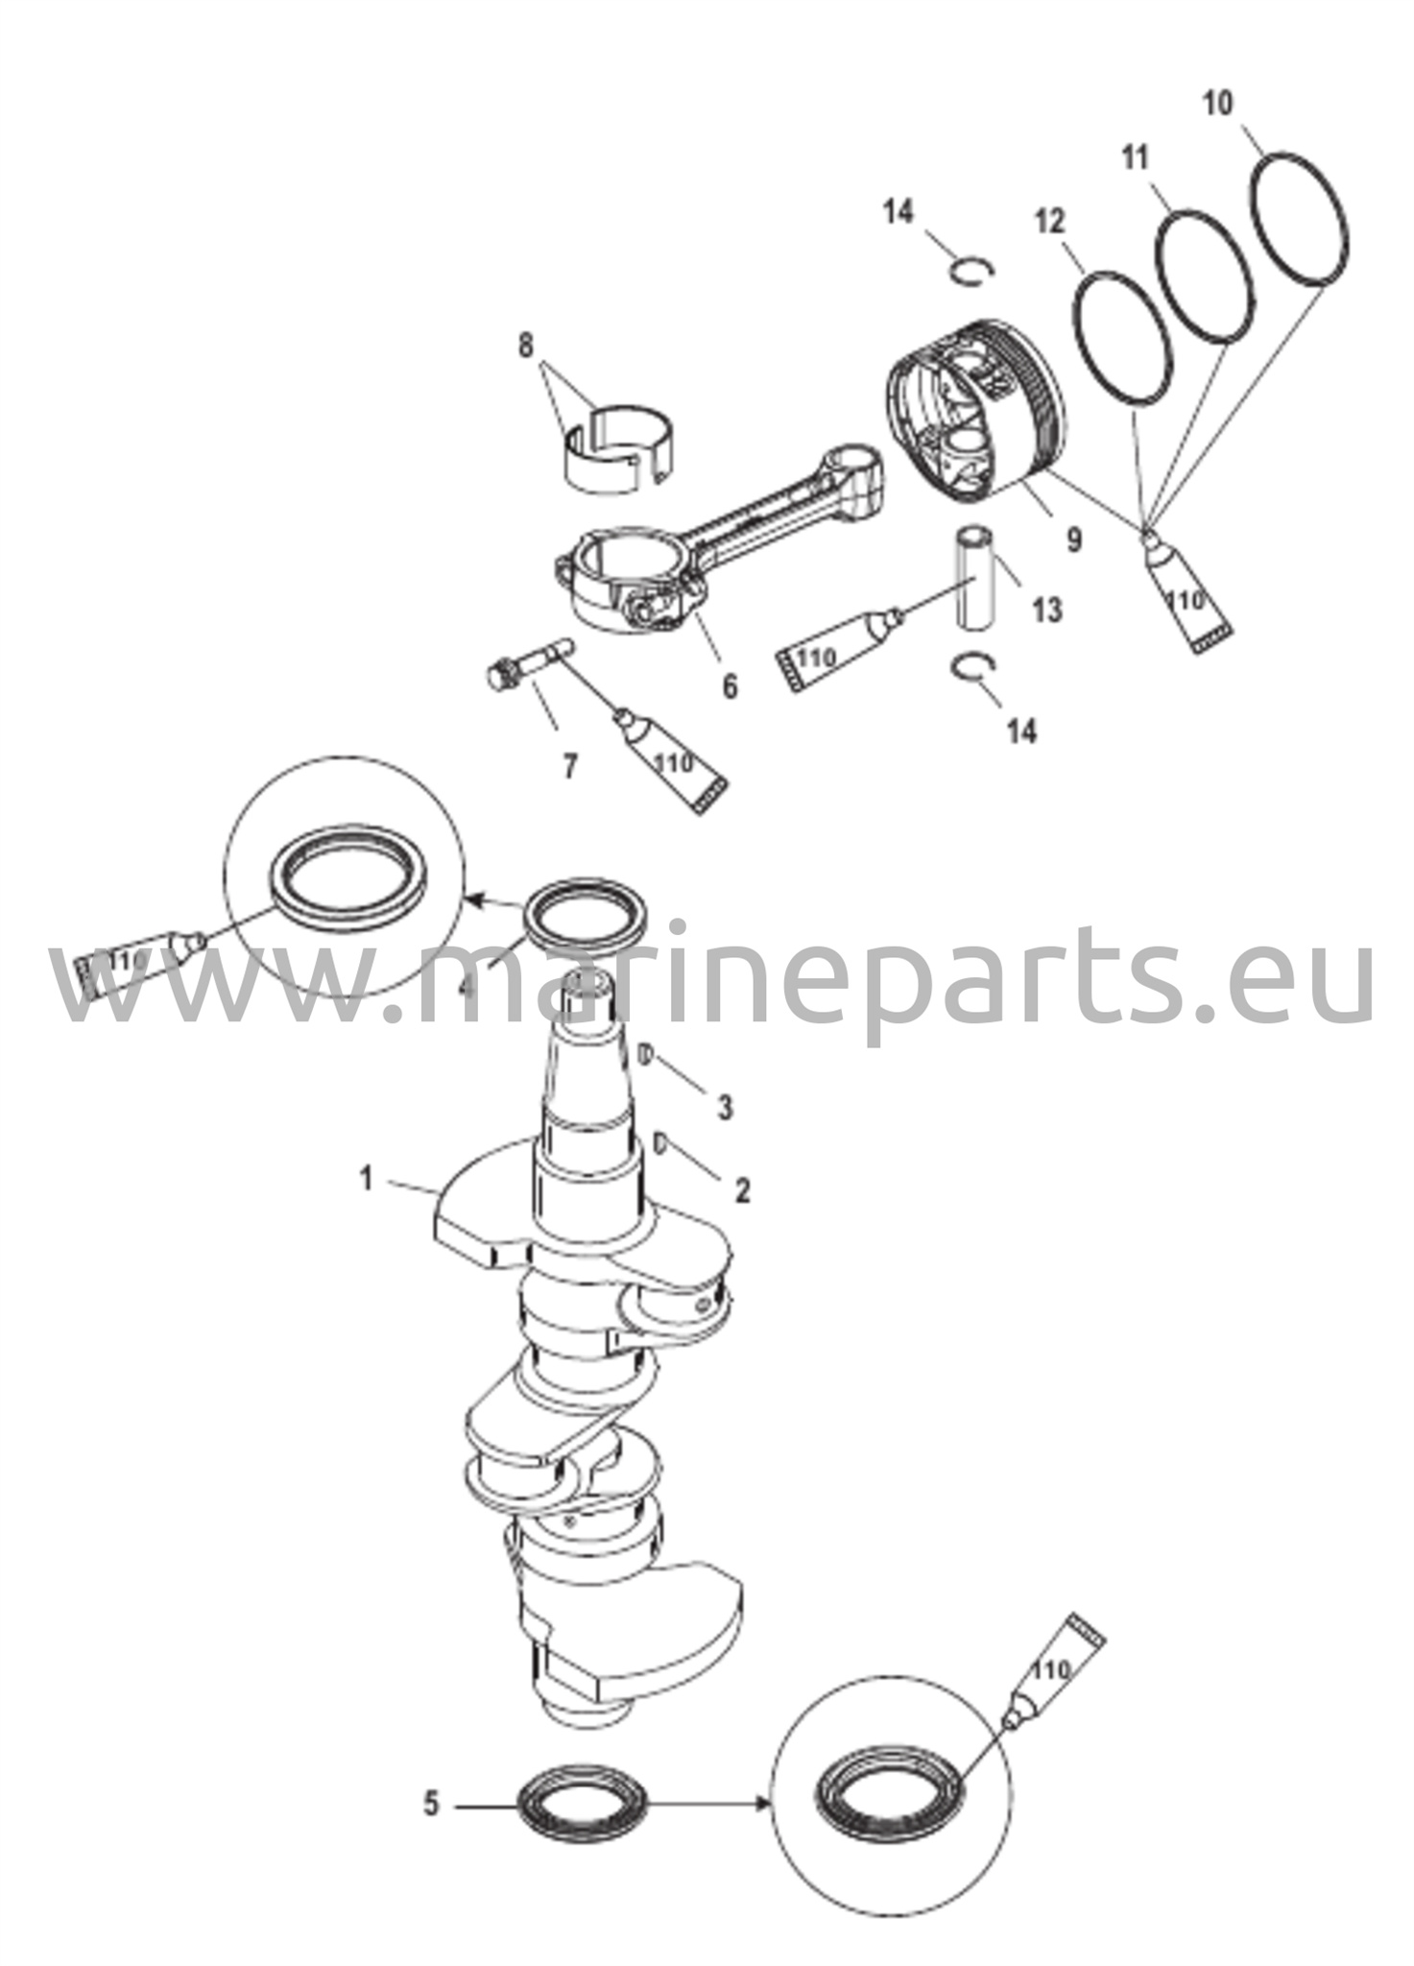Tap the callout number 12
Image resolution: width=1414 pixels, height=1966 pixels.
pyautogui.click(x=1050, y=222)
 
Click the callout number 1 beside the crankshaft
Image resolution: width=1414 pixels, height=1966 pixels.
pyautogui.click(x=367, y=1178)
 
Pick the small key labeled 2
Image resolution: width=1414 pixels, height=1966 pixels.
pyautogui.click(x=659, y=1142)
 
